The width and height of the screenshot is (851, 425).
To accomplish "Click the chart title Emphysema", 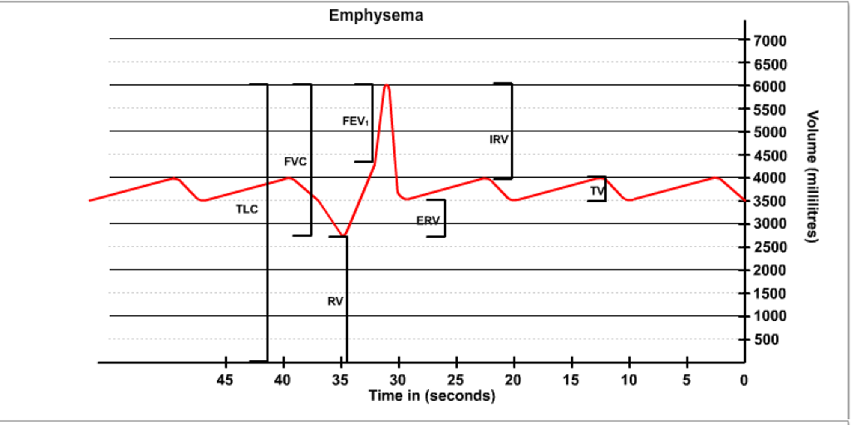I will (376, 15).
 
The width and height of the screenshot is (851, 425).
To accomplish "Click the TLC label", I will (247, 210).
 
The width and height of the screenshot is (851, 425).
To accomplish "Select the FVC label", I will (295, 161).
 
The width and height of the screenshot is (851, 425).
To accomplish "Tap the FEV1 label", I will (356, 121).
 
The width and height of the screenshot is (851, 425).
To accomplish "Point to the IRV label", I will (499, 140).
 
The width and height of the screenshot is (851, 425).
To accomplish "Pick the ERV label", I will (427, 220).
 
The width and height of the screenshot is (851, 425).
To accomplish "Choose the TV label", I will (596, 191).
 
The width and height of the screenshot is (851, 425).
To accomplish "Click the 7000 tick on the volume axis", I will (769, 41).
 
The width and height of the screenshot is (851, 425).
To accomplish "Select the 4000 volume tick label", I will (769, 178).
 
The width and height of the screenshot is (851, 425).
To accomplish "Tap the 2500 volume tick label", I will (769, 248).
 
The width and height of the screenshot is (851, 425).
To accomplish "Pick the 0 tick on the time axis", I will (744, 380).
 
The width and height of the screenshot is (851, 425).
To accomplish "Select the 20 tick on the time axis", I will (514, 380).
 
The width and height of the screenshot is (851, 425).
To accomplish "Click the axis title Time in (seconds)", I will (432, 397).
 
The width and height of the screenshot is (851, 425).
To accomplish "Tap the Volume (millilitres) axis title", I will (814, 176).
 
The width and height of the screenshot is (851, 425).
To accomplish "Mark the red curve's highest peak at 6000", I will (386, 86).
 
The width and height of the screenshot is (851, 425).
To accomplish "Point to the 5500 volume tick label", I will (769, 110).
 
